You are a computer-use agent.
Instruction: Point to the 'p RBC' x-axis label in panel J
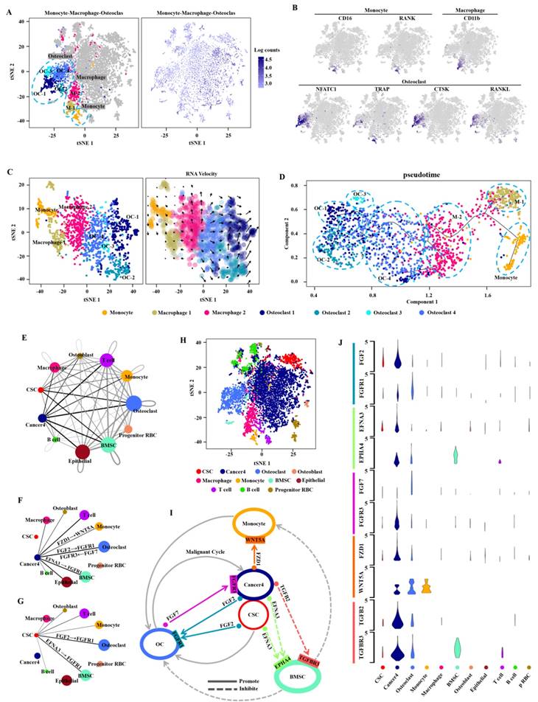528,680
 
